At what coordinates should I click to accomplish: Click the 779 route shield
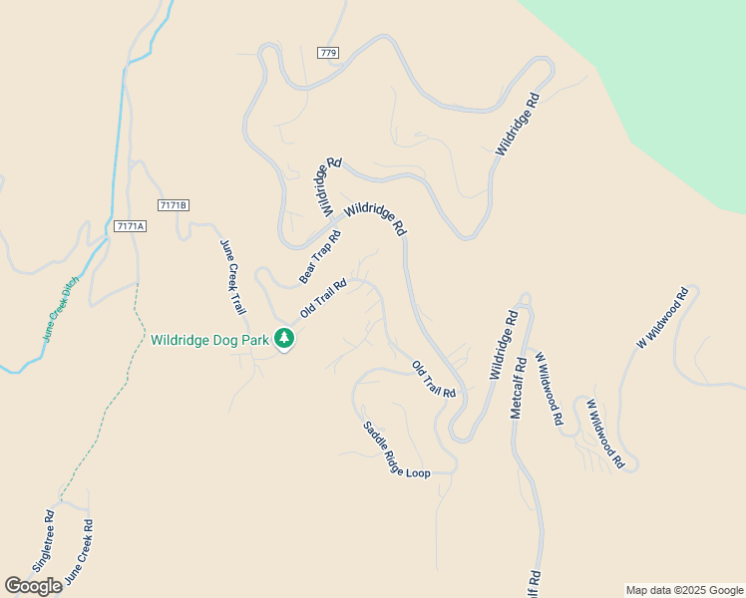click(x=330, y=52)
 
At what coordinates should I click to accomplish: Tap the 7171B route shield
click(x=174, y=205)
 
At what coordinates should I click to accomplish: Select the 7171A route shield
click(x=130, y=226)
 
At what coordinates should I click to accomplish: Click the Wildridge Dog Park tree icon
click(x=284, y=339)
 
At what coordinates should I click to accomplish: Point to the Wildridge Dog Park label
click(x=210, y=340)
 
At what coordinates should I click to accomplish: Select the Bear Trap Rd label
click(x=320, y=256)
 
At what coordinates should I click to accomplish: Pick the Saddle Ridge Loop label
click(x=396, y=449)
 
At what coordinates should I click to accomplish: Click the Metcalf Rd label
click(x=518, y=384)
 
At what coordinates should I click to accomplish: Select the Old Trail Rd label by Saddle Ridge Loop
click(x=434, y=380)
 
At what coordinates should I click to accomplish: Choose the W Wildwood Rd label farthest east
click(x=663, y=318)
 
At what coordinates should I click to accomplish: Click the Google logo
click(x=33, y=586)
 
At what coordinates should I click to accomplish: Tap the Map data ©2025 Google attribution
click(x=684, y=590)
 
